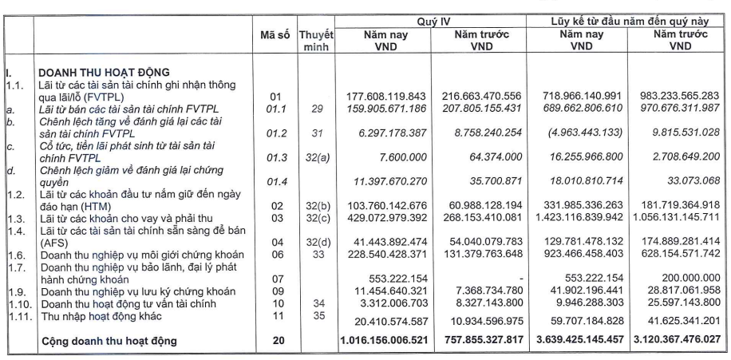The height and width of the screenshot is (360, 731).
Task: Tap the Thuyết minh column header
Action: [x=316, y=42]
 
